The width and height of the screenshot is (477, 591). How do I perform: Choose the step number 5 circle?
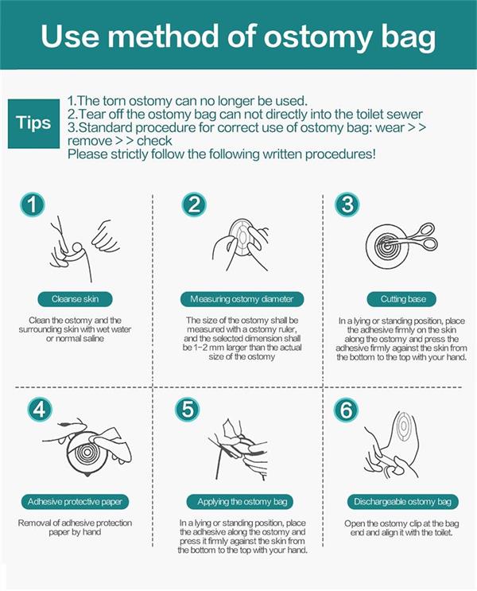(187, 410)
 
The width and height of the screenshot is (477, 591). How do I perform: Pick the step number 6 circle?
(346, 410)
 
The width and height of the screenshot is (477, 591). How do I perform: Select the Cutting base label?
(401, 299)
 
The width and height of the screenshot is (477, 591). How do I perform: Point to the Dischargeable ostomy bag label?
(401, 502)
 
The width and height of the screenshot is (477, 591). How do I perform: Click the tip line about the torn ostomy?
(187, 101)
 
